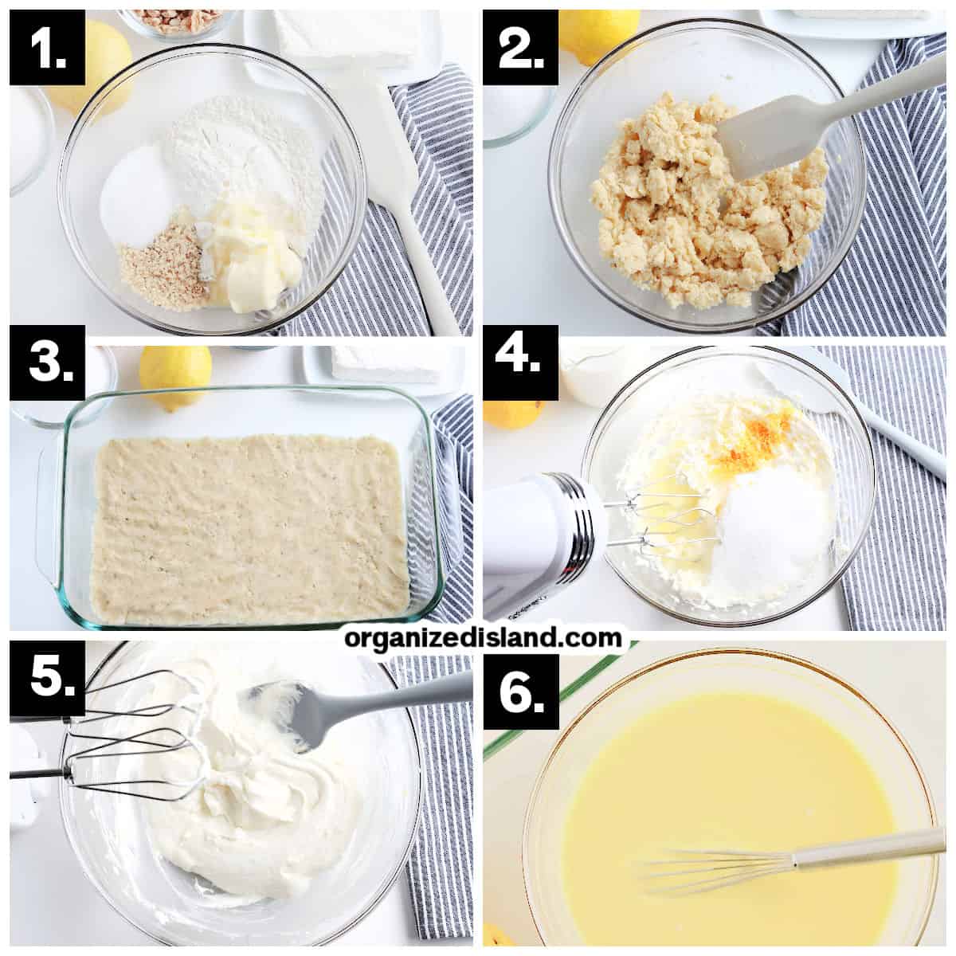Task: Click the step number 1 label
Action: tap(47, 48)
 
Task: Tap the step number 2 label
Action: tap(520, 48)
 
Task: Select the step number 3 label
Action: tap(47, 362)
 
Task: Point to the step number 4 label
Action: tap(520, 362)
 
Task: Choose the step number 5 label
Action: tap(47, 678)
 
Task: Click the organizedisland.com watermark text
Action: tap(483, 638)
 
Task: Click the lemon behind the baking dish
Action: tap(175, 377)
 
